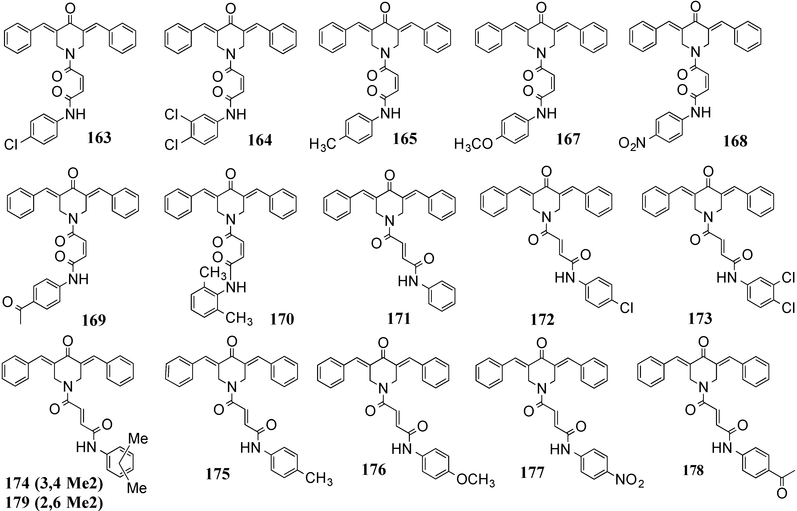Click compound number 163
pyautogui.click(x=99, y=138)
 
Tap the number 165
pyautogui.click(x=405, y=139)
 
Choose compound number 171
pyautogui.click(x=399, y=319)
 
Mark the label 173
pyautogui.click(x=700, y=319)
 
